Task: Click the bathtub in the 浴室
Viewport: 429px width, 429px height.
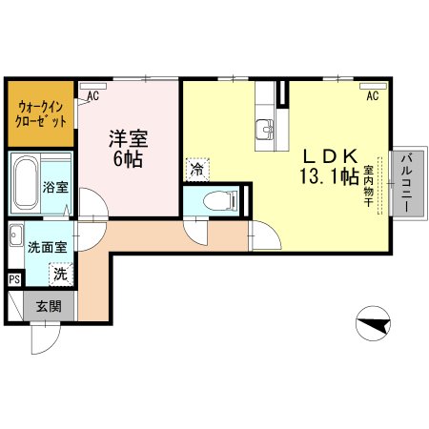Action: tap(27, 182)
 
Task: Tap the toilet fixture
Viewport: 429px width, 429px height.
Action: tap(220, 200)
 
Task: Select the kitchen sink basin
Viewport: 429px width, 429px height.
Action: tap(264, 130)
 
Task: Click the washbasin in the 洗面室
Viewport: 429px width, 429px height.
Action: tap(16, 235)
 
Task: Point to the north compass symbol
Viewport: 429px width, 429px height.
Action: tap(373, 323)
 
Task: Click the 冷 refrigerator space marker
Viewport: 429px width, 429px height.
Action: tap(197, 170)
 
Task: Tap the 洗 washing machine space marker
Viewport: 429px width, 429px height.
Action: tap(61, 274)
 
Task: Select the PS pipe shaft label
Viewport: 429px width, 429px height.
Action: tap(14, 280)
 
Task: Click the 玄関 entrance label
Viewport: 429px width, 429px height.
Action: tap(49, 306)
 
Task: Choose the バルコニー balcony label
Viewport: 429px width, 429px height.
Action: tap(407, 183)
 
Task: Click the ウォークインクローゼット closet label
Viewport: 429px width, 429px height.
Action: tap(41, 113)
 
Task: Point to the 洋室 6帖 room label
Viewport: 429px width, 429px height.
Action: tap(128, 148)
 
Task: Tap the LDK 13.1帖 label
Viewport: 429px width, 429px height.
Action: tap(330, 167)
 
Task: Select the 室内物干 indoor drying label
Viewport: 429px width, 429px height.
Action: tap(368, 186)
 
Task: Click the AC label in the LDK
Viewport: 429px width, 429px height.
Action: tap(373, 95)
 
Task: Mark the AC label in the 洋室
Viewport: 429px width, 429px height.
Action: tap(93, 95)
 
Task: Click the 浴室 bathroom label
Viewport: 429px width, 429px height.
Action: tap(55, 187)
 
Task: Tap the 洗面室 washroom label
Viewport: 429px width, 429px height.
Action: tap(48, 247)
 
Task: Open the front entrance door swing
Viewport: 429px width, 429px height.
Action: tap(46, 338)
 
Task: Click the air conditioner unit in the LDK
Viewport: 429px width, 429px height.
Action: tap(373, 86)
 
